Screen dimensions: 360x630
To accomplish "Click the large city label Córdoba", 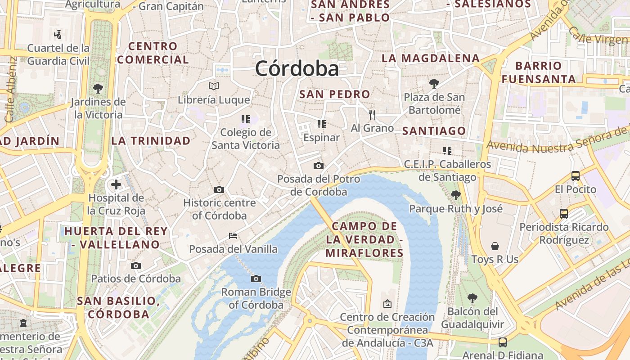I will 297,69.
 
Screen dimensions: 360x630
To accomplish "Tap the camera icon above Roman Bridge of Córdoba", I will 256,279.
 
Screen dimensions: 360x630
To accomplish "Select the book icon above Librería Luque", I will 214,86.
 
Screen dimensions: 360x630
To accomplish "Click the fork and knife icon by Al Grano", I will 372,115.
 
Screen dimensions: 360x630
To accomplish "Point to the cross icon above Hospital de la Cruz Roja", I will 116,184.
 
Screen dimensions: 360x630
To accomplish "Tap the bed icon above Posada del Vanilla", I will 233,235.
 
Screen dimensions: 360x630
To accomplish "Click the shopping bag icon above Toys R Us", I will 495,246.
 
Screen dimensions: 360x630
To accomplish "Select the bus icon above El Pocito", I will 575,176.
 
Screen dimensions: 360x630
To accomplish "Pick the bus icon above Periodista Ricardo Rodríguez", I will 564,214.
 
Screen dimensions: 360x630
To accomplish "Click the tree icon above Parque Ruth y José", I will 455,195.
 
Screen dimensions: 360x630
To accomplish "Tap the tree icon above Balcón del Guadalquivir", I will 472,298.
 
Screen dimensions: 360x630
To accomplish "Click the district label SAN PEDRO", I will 334,94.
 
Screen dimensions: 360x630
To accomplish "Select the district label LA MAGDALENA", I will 430,58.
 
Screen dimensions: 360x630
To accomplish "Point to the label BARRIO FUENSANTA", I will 539,72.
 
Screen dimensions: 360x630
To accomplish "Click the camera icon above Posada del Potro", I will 319,166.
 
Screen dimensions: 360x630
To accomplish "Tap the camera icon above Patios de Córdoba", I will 136,265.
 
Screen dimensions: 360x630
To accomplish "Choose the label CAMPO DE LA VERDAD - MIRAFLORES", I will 364,239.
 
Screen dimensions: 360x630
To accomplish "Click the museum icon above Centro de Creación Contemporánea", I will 387,304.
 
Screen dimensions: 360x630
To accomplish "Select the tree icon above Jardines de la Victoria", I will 98,88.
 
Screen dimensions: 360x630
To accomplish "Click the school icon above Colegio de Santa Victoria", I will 245,119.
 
